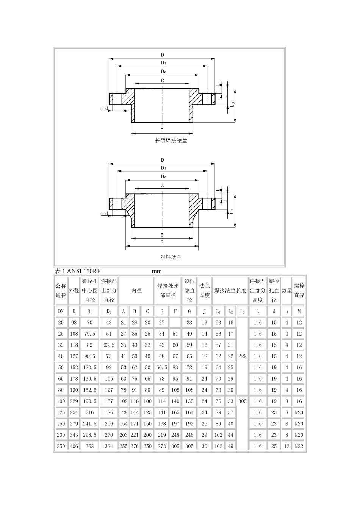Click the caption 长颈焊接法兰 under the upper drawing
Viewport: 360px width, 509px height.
click(x=171, y=141)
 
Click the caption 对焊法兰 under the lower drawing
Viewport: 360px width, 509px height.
click(x=171, y=257)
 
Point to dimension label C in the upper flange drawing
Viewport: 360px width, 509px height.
click(x=162, y=80)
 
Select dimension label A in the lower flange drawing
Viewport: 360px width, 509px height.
click(x=162, y=186)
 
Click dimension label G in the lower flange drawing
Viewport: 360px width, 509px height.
click(x=162, y=242)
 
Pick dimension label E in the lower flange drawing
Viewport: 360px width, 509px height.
click(x=162, y=235)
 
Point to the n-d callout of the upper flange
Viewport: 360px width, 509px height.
click(x=104, y=109)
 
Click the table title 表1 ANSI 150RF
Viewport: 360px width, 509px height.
click(x=78, y=271)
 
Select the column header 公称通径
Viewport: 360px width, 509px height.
click(x=61, y=290)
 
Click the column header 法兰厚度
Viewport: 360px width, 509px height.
click(x=204, y=290)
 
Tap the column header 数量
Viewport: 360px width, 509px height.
click(x=287, y=290)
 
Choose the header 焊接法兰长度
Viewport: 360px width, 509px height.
click(x=230, y=290)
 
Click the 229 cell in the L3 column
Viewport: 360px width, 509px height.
click(x=242, y=356)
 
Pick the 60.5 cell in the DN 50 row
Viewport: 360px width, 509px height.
click(x=161, y=367)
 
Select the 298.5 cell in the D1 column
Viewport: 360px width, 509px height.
click(x=89, y=435)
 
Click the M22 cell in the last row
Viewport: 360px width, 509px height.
click(x=299, y=446)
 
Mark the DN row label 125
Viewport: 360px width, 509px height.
click(x=61, y=412)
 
